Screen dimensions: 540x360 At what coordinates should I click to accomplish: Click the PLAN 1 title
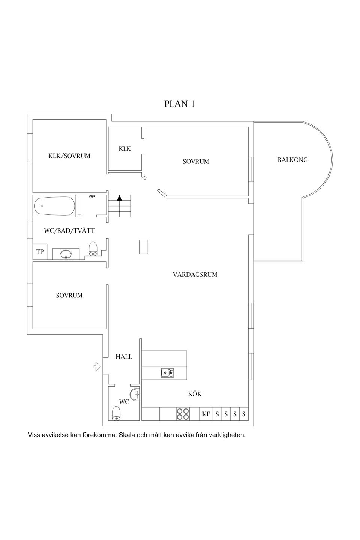tap(180, 104)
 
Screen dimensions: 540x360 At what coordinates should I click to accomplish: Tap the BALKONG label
tap(292, 160)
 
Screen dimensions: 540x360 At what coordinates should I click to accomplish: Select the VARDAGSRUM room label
tap(195, 274)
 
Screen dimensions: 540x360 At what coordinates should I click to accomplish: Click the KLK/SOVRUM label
tap(69, 156)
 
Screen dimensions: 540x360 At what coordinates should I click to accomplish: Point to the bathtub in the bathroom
tap(55, 206)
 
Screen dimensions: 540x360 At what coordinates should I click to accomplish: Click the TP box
tap(40, 252)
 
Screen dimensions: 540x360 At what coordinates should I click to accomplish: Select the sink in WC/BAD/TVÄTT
tap(66, 254)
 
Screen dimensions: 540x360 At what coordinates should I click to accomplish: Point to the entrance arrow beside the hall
tap(97, 366)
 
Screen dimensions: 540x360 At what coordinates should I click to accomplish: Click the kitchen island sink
tap(167, 372)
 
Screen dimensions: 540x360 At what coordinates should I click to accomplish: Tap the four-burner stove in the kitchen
tap(183, 414)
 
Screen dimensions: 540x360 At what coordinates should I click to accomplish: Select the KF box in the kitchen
tap(206, 414)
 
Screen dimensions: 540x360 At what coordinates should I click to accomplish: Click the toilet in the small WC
tap(117, 413)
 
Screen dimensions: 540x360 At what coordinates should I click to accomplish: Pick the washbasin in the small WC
tap(135, 394)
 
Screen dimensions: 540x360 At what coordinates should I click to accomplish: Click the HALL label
tap(124, 357)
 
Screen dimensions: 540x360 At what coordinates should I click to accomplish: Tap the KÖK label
tap(195, 394)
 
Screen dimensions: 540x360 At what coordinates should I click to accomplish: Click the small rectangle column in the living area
tap(144, 247)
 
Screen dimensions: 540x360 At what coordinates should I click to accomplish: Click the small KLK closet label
tap(124, 149)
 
